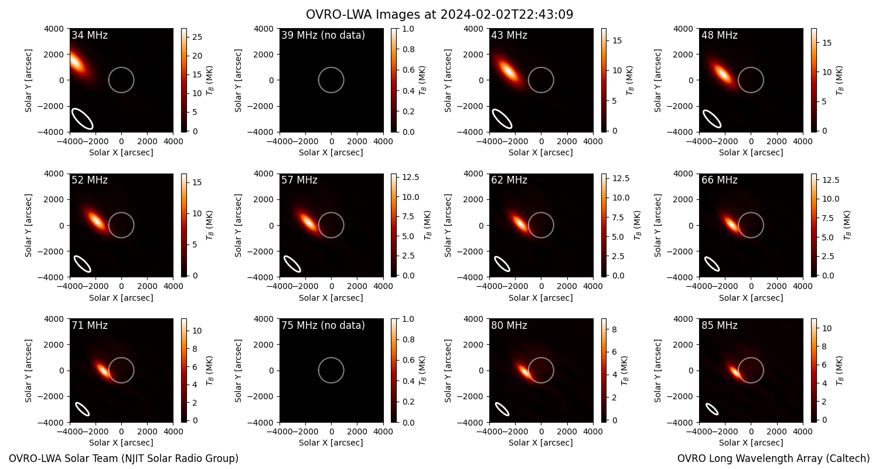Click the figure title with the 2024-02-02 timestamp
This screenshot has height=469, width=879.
click(x=439, y=14)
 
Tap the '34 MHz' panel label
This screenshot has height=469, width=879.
click(x=90, y=35)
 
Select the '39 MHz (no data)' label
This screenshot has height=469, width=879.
click(x=323, y=35)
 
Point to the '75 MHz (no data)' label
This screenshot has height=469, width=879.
click(x=323, y=325)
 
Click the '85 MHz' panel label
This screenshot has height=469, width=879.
click(x=719, y=325)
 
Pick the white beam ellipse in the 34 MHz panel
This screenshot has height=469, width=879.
click(x=82, y=118)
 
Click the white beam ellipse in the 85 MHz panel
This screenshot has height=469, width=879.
click(x=712, y=409)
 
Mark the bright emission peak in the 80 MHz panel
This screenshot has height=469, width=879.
click(x=524, y=371)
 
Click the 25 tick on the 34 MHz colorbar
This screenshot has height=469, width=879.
click(x=197, y=38)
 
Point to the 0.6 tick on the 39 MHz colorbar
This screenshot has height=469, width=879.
click(x=408, y=70)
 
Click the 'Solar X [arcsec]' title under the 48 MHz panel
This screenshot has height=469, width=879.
click(x=751, y=152)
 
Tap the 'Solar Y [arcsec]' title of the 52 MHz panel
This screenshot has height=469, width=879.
click(x=28, y=225)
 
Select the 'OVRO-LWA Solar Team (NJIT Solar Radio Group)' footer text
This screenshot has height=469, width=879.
click(x=124, y=458)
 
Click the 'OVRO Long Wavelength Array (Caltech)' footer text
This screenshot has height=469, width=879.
click(x=774, y=458)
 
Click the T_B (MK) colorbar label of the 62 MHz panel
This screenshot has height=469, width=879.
click(x=638, y=225)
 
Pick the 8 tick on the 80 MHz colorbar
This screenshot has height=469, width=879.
click(x=615, y=329)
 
